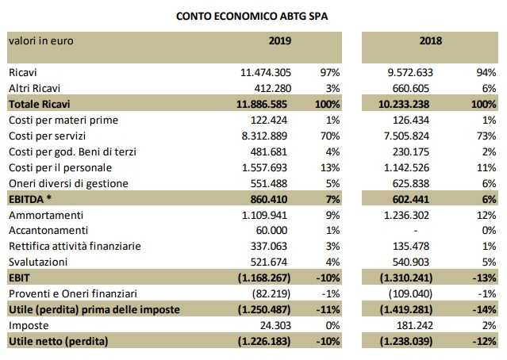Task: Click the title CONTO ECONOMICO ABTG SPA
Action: (253, 13)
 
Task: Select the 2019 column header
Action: (279, 40)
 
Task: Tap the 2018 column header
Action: (431, 40)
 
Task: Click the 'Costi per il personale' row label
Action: (60, 167)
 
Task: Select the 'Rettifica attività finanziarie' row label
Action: (75, 246)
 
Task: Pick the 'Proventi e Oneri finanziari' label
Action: (73, 293)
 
